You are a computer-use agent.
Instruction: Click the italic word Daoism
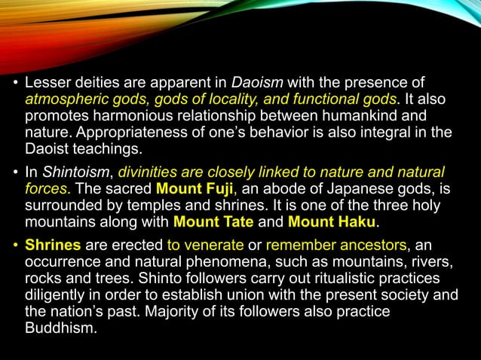pos(253,82)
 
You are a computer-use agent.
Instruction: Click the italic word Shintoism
pos(69,172)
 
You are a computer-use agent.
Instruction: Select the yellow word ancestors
pos(369,246)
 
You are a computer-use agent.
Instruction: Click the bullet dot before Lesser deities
pos(15,83)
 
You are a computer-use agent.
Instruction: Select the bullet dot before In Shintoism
pos(15,173)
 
